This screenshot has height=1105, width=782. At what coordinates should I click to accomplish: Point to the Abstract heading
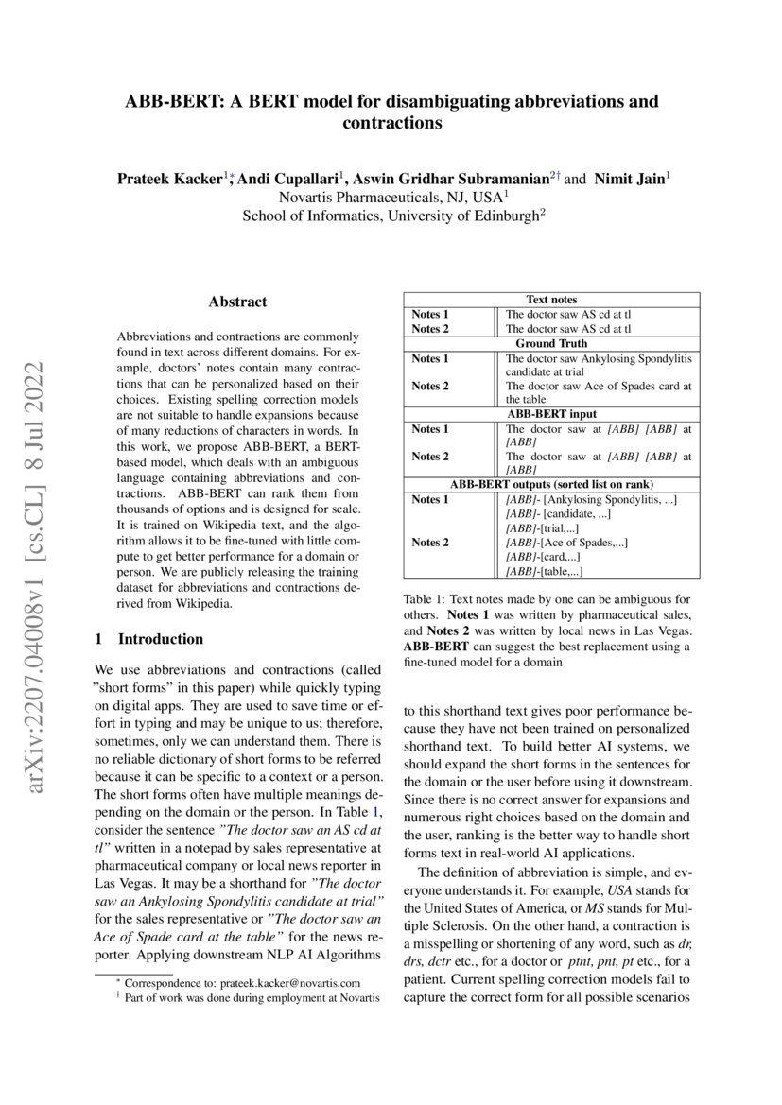(x=237, y=302)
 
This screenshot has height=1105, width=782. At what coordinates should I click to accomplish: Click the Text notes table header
(x=551, y=300)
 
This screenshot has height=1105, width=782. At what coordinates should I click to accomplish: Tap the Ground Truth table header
(x=551, y=343)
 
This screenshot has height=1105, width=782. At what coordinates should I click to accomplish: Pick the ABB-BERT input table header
(x=551, y=413)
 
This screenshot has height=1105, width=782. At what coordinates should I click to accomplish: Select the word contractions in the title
(x=391, y=123)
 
